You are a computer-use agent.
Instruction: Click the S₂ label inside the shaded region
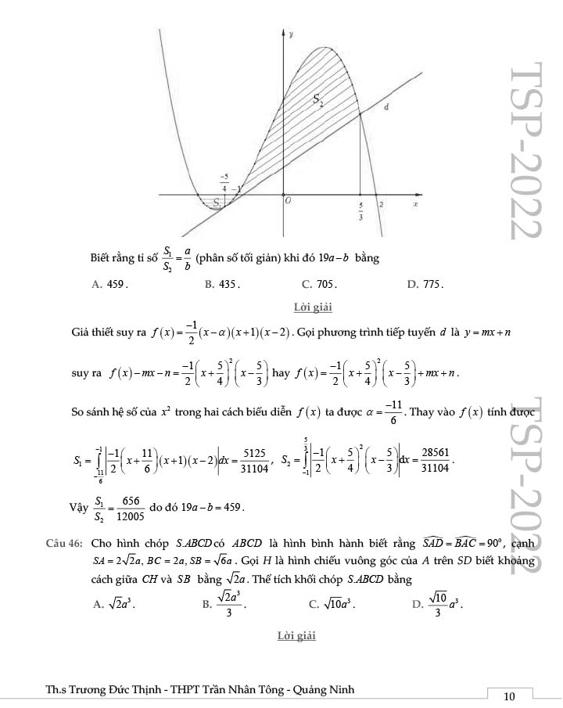[318, 99]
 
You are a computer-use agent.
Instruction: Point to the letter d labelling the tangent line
[387, 107]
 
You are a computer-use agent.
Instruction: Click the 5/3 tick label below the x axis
[360, 211]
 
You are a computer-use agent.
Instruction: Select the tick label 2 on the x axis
[382, 204]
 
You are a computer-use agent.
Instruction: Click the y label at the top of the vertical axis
[291, 34]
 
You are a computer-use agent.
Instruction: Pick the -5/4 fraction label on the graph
[224, 182]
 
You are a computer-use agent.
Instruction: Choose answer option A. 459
[109, 284]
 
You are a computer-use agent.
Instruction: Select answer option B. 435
[222, 284]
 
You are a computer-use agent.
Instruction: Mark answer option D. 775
[425, 284]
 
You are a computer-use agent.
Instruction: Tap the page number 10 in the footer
[509, 696]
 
